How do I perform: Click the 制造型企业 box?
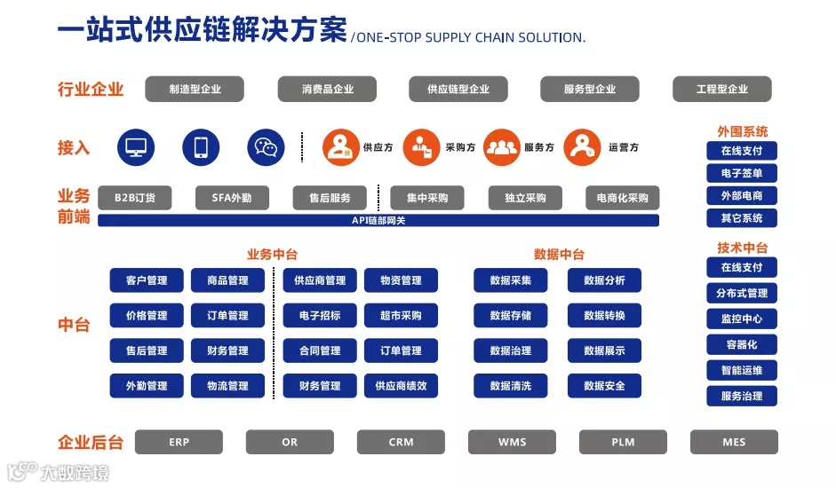click(195, 89)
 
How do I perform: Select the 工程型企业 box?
click(721, 89)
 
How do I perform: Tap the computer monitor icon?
click(136, 147)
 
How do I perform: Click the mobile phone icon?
click(201, 147)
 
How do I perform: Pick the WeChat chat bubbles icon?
click(266, 147)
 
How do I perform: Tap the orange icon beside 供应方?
click(340, 147)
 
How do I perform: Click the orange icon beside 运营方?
click(583, 147)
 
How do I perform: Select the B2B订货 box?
click(135, 198)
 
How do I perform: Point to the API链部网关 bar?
click(378, 220)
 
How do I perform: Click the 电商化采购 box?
click(622, 198)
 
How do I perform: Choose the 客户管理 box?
click(147, 280)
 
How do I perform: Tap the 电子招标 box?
click(320, 315)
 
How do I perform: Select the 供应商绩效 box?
click(401, 386)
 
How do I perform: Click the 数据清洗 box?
click(511, 386)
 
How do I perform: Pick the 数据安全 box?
click(604, 386)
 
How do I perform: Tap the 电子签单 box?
click(742, 173)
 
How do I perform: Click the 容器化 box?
click(742, 344)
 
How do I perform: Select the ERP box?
click(179, 442)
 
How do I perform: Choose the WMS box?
click(512, 442)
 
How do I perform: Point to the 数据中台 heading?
click(559, 255)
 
